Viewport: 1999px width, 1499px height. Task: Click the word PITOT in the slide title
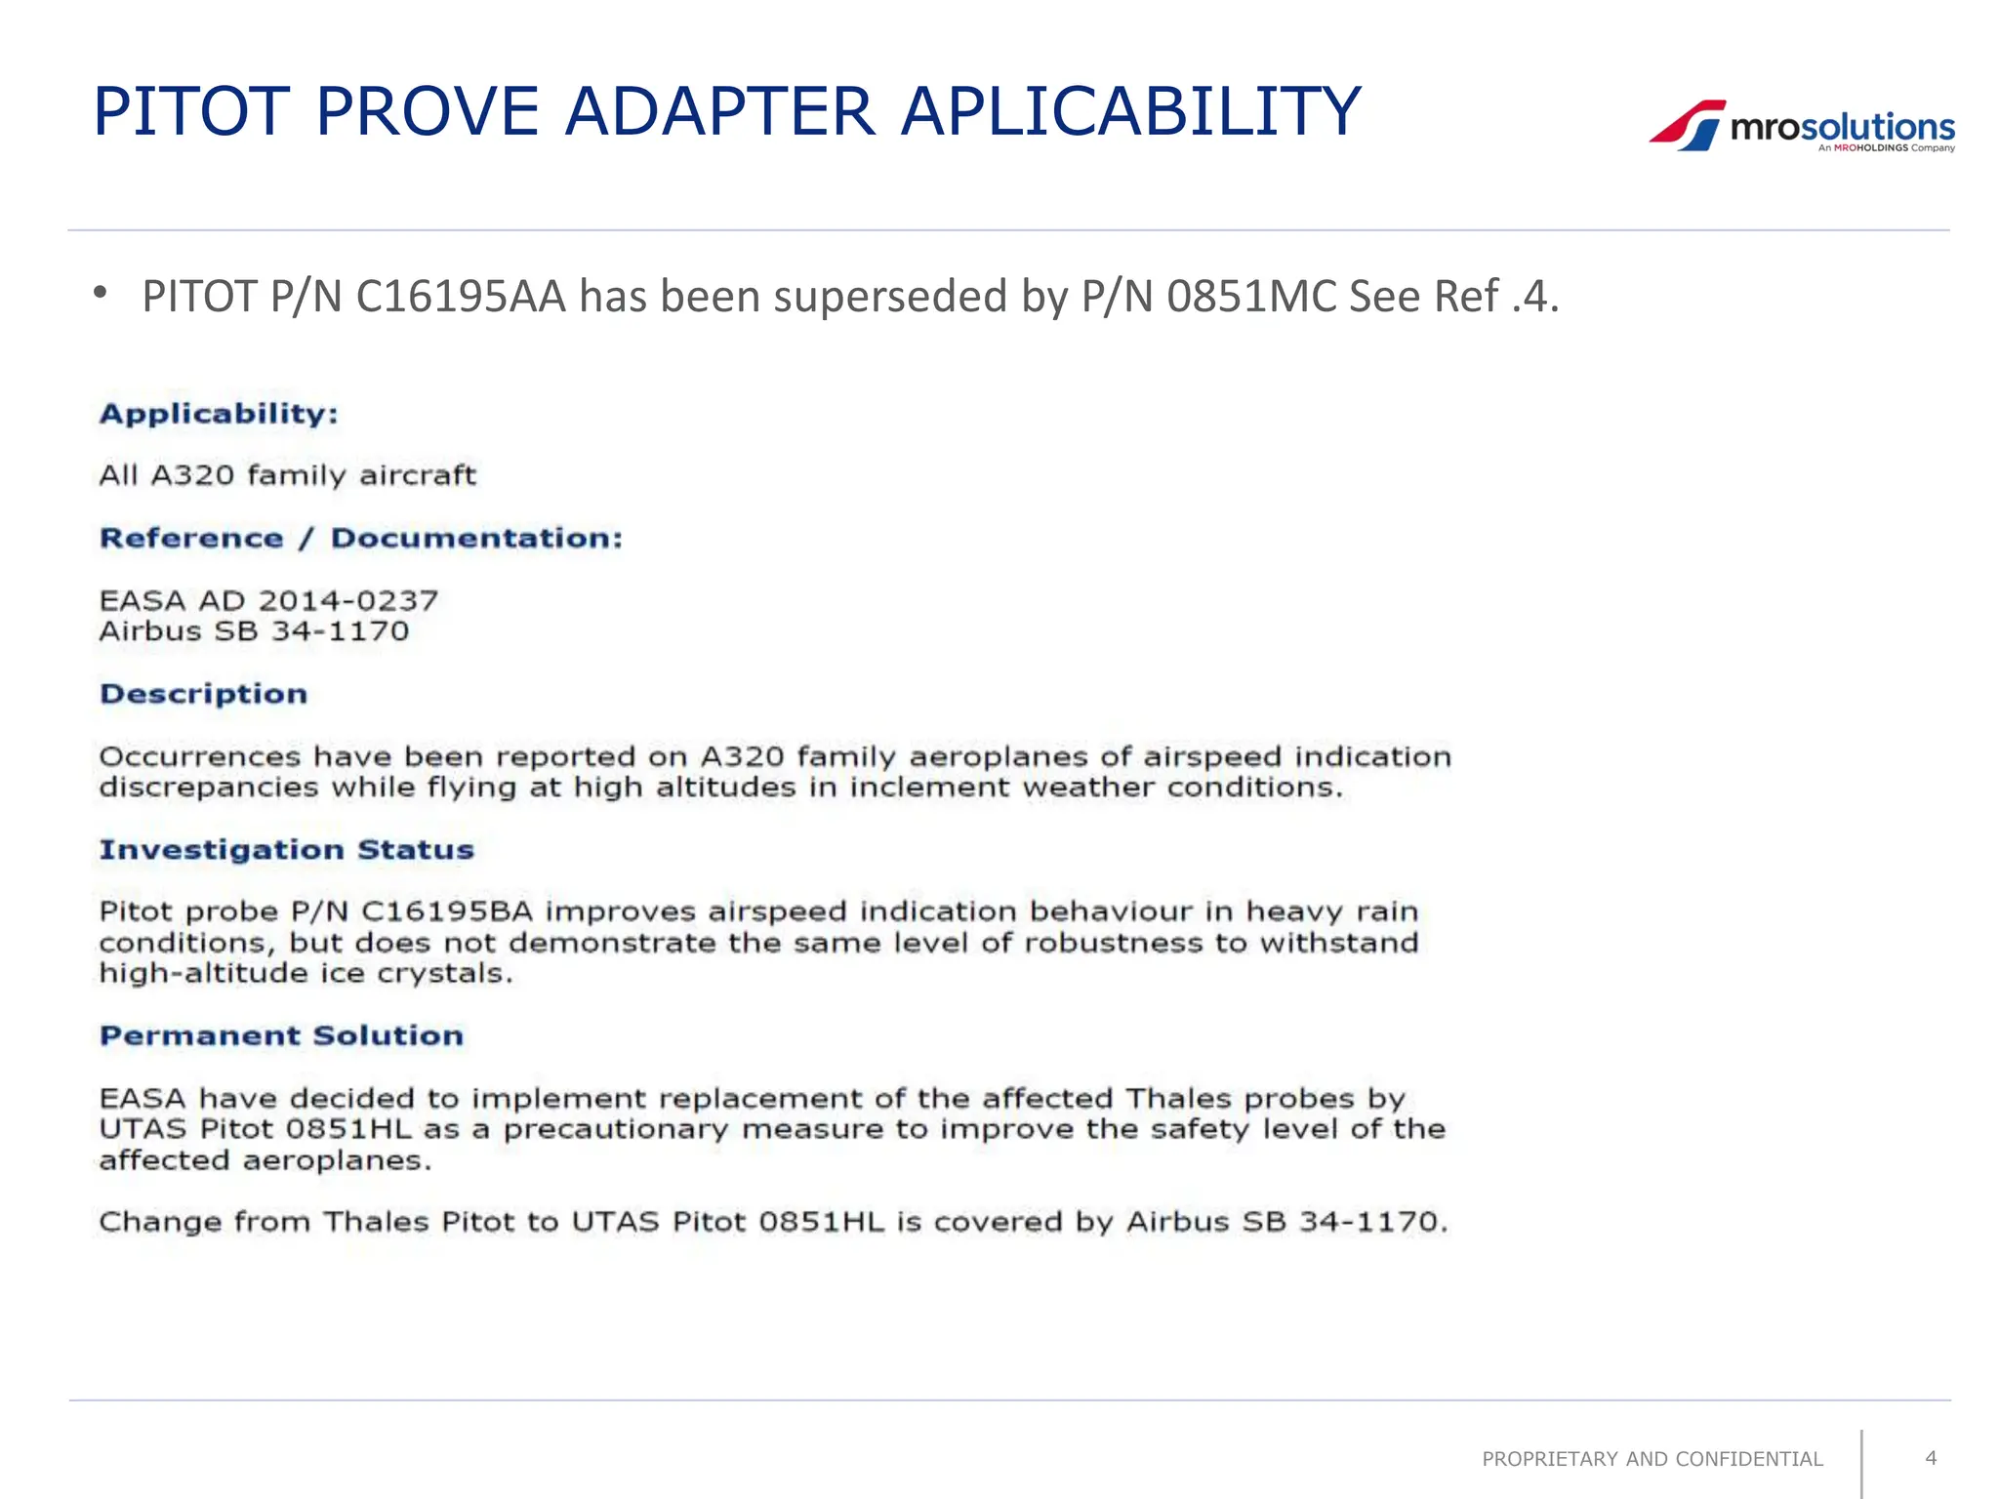coord(191,111)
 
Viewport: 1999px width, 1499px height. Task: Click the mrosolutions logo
coord(1802,127)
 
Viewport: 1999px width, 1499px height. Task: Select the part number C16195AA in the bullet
coord(461,297)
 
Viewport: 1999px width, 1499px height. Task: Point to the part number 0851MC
coord(1250,297)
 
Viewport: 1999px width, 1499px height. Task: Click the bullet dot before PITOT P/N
coord(100,293)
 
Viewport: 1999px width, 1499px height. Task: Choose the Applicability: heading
coord(219,414)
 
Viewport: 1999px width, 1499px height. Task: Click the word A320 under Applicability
coord(192,475)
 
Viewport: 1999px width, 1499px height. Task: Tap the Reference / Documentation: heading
coord(361,539)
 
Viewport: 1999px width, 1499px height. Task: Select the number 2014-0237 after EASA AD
coord(348,600)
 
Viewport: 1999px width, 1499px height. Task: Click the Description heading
coord(203,694)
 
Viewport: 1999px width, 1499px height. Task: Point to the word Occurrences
coord(200,757)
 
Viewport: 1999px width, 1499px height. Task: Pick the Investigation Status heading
coord(286,850)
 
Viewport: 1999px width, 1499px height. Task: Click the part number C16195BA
coord(447,912)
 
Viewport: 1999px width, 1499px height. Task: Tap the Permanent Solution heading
coord(281,1035)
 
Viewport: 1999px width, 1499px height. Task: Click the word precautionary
coord(616,1130)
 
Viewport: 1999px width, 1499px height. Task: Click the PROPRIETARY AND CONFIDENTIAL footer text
coord(1652,1459)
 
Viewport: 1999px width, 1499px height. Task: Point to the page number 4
coord(1930,1458)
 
